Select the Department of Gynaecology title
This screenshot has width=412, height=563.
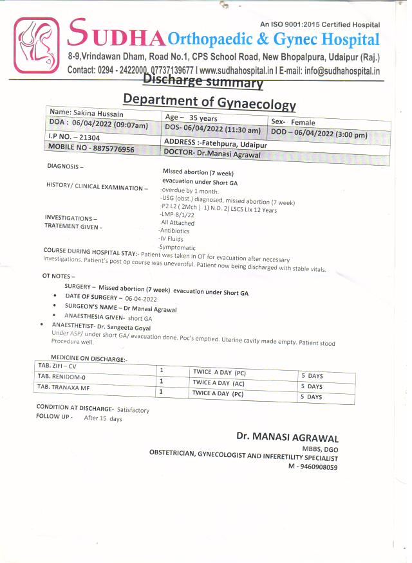[209, 101]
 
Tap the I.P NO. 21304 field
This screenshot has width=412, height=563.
[75, 138]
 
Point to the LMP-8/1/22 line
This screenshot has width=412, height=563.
[178, 215]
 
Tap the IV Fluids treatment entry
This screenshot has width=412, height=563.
[171, 239]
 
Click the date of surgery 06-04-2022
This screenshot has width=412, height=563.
[141, 299]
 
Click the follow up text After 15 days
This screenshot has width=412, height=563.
[103, 418]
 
